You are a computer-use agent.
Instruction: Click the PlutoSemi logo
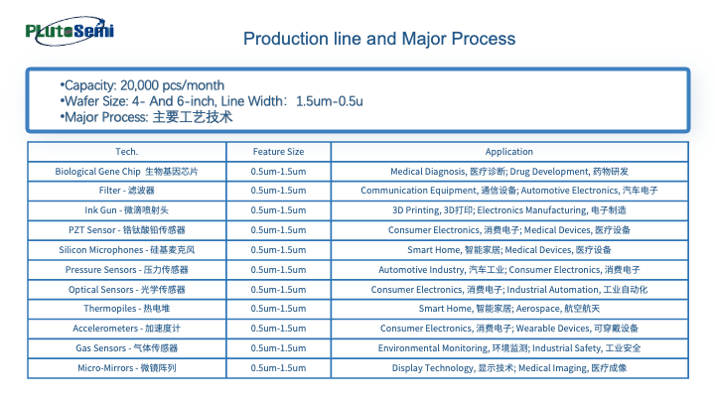pos(70,31)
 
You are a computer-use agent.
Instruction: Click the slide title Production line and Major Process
pos(379,39)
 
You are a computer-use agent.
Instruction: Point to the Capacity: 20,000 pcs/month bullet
pos(142,85)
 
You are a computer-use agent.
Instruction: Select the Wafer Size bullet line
pos(212,101)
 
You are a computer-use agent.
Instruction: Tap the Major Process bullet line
pos(146,117)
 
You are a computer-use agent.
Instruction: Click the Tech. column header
pos(127,151)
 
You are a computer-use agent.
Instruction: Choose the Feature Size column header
pos(279,151)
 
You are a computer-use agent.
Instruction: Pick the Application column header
pos(508,151)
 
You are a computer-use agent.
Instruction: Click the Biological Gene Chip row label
pos(127,172)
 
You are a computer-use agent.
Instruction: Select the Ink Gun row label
pos(127,210)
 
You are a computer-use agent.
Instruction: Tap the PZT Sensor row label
pos(127,229)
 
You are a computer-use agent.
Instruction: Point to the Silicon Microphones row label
pos(127,250)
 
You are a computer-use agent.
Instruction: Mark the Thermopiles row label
pos(127,309)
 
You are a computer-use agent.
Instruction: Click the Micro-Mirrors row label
pos(127,368)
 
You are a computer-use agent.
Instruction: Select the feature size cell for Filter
pos(279,191)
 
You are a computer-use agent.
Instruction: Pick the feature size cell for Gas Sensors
pos(279,348)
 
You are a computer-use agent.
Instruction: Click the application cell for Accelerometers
pos(508,329)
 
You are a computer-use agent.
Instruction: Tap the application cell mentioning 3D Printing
pos(508,210)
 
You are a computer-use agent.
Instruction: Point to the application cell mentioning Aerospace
pos(508,309)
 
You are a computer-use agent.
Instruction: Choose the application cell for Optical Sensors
pos(508,290)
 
